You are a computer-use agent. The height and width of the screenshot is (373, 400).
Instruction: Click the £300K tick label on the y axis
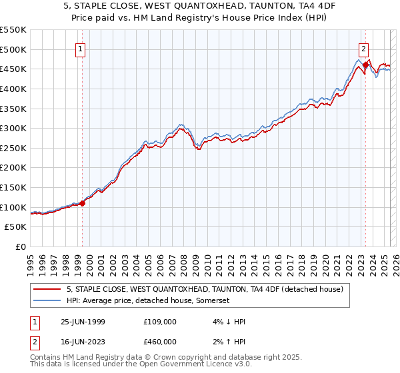(13, 128)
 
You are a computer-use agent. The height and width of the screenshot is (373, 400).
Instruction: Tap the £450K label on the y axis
(13, 69)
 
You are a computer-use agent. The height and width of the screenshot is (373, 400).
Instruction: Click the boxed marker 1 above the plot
(80, 49)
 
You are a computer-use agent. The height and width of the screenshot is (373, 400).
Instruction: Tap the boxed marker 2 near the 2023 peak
(363, 49)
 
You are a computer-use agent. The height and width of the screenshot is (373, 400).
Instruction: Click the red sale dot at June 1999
(83, 203)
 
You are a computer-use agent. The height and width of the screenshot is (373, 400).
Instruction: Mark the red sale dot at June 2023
(365, 65)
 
